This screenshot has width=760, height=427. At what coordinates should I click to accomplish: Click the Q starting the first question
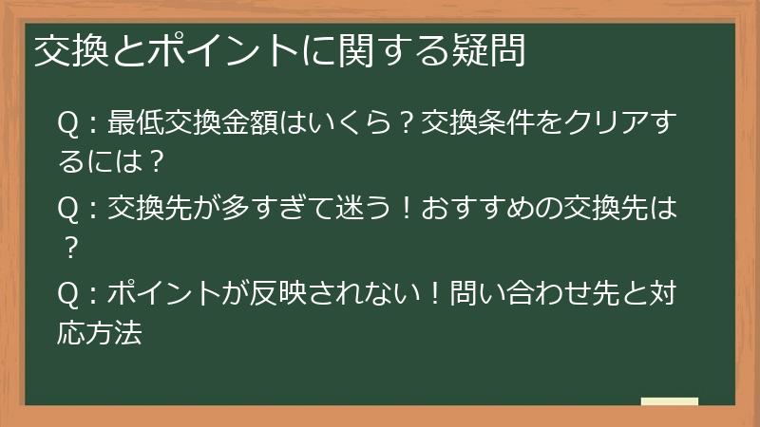click(67, 124)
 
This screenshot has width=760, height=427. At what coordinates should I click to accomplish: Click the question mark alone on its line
click(68, 247)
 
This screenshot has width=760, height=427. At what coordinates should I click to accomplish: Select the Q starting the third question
click(67, 295)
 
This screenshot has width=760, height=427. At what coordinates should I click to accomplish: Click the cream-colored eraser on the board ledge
click(669, 401)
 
